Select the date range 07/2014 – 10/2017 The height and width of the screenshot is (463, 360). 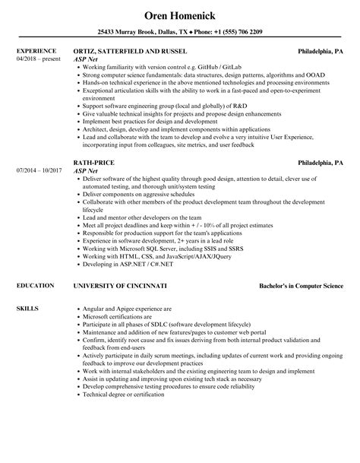point(39,193)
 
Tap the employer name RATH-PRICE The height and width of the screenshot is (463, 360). point(92,183)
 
